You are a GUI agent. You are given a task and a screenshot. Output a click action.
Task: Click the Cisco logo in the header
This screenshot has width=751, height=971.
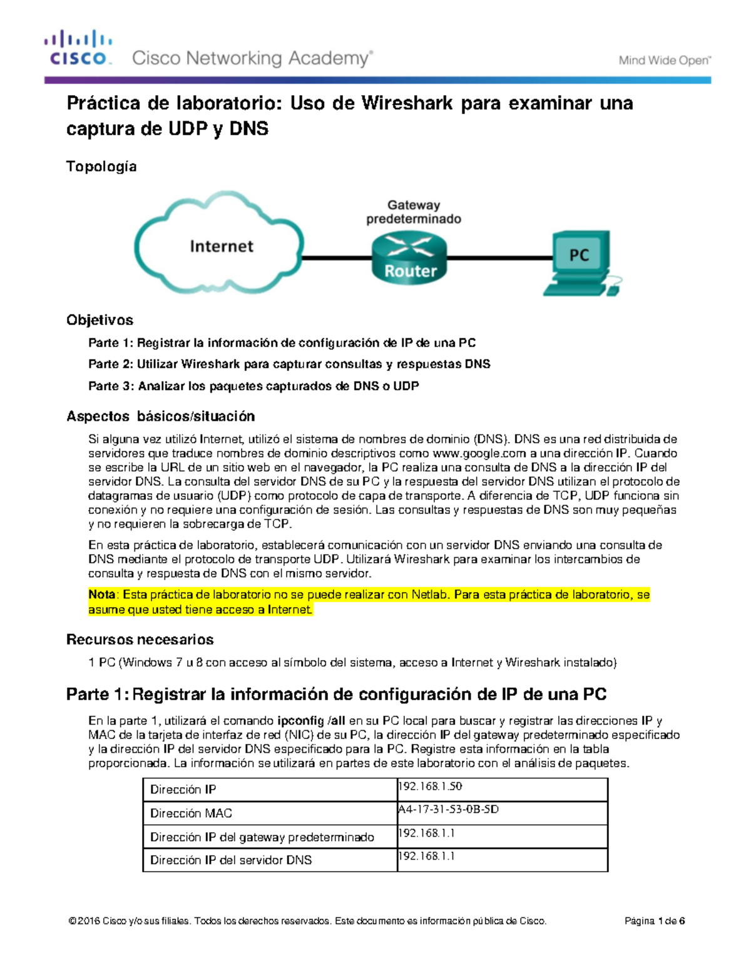coord(78,49)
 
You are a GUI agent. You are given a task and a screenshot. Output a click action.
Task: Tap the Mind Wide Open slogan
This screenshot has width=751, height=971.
coord(665,61)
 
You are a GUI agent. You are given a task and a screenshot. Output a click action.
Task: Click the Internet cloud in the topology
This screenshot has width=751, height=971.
coord(220,245)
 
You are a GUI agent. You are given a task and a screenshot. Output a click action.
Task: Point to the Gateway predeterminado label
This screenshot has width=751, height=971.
coord(413,212)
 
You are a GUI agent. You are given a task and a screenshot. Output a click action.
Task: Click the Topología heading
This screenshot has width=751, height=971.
coord(101,166)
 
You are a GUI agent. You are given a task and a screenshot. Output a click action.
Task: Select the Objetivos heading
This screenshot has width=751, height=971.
coord(100,320)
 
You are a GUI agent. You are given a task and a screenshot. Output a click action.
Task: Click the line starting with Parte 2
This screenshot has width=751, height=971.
coord(289,364)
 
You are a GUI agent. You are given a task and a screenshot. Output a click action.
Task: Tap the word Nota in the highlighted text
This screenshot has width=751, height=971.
coord(101,595)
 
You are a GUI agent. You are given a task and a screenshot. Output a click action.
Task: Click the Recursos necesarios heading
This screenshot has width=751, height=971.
coord(140,640)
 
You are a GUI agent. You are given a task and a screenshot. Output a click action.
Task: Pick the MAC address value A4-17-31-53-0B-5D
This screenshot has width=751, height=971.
coord(449,809)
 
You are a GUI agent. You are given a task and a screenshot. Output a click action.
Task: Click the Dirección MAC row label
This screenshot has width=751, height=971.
coord(191,813)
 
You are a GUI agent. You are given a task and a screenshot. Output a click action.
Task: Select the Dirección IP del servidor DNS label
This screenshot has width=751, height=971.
coord(231,860)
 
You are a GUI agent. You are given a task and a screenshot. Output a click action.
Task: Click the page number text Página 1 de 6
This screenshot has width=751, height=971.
coord(654,921)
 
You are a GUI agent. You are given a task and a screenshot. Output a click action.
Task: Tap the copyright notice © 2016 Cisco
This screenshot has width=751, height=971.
coord(307,921)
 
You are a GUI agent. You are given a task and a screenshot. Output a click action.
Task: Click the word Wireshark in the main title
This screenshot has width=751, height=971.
coord(406,103)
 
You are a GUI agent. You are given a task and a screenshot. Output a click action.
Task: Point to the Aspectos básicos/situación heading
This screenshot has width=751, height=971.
coord(161,416)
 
